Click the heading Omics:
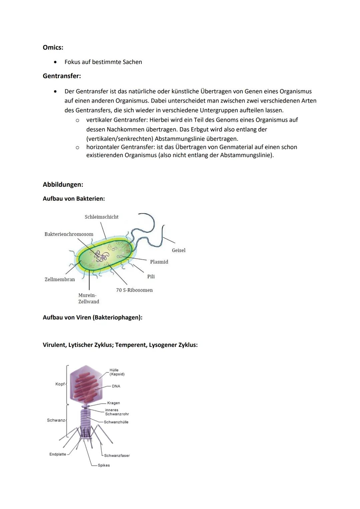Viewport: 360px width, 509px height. point(53,47)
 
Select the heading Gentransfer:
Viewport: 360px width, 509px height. point(62,76)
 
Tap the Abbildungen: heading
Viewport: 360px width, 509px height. point(63,184)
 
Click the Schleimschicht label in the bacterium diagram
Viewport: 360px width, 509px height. point(101,217)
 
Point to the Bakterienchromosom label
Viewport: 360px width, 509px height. point(69,234)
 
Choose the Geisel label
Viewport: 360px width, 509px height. point(178,250)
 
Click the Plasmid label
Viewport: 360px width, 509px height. point(159,262)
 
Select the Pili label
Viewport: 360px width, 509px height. point(151,277)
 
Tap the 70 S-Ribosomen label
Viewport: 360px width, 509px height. point(134,290)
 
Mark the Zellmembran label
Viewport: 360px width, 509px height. point(60,279)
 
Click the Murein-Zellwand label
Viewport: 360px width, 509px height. point(88,298)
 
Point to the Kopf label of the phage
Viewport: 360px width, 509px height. point(60,384)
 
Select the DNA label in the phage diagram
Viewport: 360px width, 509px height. point(116,386)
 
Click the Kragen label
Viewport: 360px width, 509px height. point(113,403)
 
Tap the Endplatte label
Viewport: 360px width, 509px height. point(58,454)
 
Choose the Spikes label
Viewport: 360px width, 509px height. point(104,465)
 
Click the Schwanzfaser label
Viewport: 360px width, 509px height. point(117,456)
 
